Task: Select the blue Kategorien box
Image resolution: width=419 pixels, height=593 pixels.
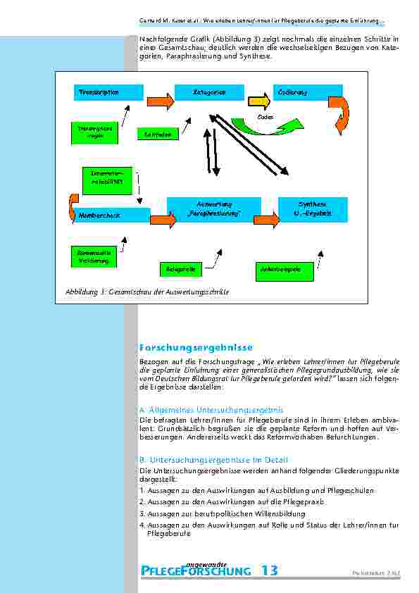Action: point(209,92)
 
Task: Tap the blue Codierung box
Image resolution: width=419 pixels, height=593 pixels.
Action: point(308,92)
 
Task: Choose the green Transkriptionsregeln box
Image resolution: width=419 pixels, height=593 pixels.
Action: point(95,133)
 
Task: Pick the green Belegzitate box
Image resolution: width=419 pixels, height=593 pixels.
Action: point(181,268)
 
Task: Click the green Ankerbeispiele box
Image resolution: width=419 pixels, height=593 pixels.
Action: point(281,268)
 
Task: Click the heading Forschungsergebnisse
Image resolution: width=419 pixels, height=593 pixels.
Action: point(186,347)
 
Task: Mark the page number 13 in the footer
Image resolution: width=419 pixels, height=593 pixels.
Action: point(269,570)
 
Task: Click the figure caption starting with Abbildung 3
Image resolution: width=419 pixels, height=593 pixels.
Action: point(146,292)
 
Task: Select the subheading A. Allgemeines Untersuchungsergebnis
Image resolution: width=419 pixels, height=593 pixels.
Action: point(211,409)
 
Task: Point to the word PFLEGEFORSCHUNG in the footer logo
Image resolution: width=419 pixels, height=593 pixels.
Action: point(195,571)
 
